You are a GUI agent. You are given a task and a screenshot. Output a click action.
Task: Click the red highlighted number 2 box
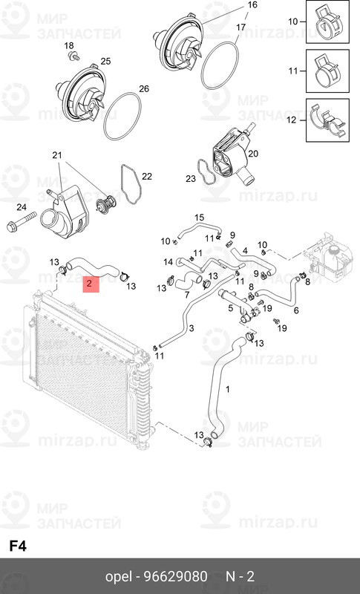[x=90, y=283]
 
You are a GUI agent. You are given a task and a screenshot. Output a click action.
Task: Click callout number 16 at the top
[x=252, y=5]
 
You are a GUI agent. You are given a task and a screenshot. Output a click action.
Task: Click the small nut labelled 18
[x=71, y=56]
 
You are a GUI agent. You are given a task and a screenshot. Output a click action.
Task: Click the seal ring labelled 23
[x=205, y=172]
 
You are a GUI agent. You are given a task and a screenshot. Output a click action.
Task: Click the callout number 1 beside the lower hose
[x=228, y=389]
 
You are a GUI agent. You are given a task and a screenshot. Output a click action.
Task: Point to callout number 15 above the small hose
[x=198, y=217]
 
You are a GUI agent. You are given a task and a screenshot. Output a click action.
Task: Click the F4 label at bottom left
[x=18, y=545]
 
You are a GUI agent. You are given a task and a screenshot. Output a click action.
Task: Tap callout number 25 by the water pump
[x=105, y=61]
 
